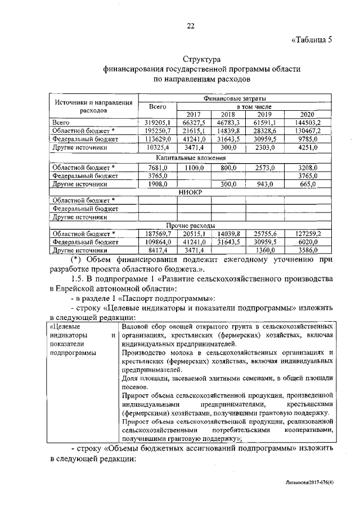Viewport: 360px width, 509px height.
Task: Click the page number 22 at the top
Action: (x=190, y=25)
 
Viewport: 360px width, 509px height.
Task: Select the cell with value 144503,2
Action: (x=307, y=121)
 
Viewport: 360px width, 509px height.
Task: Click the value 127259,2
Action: (x=307, y=233)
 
